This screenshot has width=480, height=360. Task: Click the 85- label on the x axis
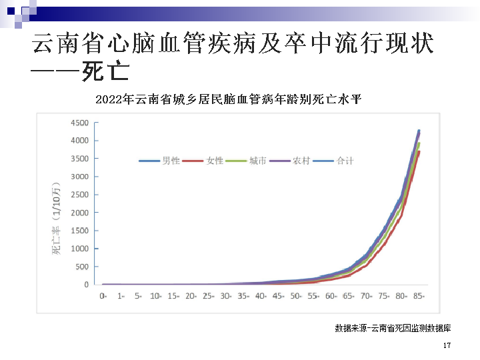[419, 295]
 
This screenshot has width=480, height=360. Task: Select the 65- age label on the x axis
[349, 295]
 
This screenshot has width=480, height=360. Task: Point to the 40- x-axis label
[261, 295]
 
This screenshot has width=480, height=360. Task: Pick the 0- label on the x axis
[103, 295]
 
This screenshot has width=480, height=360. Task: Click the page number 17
[447, 346]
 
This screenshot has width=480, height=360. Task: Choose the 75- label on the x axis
[384, 295]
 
